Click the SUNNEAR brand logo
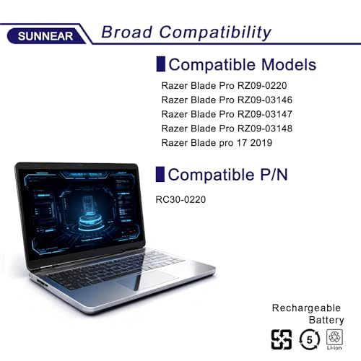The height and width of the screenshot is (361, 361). click(45, 36)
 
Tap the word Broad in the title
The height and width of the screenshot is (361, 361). click(126, 32)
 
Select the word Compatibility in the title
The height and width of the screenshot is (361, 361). click(215, 32)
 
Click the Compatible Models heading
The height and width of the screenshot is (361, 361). click(243, 64)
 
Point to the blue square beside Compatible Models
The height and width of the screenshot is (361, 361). click(160, 64)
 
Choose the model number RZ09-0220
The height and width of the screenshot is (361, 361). click(262, 86)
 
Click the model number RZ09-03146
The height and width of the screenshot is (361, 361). click(265, 100)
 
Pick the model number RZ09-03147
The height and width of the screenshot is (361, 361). click(265, 114)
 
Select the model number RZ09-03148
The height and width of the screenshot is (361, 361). click(265, 129)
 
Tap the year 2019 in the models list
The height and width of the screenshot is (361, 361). click(261, 143)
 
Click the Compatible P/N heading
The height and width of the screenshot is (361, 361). click(227, 175)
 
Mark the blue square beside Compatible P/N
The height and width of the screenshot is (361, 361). click(160, 174)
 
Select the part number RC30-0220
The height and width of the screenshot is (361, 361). click(180, 199)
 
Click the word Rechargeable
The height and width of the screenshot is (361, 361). click(306, 308)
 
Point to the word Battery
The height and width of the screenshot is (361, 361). click(326, 320)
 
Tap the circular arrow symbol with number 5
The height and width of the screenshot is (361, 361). click(309, 339)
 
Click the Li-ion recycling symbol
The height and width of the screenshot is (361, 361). click(334, 339)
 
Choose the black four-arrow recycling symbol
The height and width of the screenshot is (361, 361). click(282, 339)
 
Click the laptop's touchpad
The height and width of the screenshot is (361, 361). click(147, 279)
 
